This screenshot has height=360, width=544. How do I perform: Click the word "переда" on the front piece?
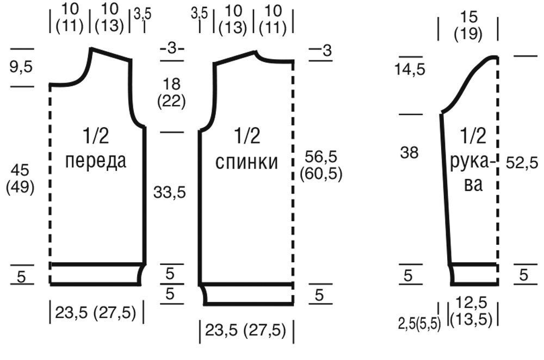tap(96, 162)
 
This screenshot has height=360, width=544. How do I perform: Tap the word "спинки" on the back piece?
tap(246, 162)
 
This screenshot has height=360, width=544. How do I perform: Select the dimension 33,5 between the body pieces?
tap(170, 192)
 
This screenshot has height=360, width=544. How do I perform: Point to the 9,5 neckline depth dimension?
tap(21, 66)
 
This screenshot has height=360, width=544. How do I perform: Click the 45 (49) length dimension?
tap(20, 179)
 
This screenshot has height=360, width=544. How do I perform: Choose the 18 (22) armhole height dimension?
tap(171, 93)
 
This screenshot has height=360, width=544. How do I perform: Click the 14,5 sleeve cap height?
tap(410, 70)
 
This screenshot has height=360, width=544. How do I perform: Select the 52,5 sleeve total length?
tap(522, 163)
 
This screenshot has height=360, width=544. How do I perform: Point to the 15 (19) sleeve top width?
tap(468, 26)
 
